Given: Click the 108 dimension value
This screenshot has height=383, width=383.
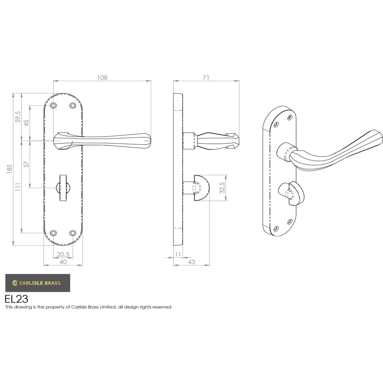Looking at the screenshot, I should coord(102,77).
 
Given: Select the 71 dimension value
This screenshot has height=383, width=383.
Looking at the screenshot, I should coord(206,77).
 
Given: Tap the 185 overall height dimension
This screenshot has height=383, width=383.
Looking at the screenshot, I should coord(10,169).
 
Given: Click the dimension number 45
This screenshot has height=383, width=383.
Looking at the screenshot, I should coord(27,123).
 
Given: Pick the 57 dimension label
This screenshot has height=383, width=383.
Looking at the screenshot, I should coord(27,164).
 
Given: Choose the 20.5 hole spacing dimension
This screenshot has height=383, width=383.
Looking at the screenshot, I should coord(63,255).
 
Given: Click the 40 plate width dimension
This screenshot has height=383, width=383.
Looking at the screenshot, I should coord(63,262).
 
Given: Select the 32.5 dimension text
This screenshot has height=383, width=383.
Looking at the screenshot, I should coord(222,188).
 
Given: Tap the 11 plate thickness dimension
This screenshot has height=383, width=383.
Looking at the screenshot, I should coord(178,255).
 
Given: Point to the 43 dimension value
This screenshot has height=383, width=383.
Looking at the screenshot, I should coord(191,262).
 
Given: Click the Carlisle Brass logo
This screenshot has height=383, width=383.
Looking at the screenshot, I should coord(38,283).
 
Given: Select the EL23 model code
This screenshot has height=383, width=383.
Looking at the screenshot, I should coord(16,299).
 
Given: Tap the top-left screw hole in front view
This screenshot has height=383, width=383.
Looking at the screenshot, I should coord(54,105).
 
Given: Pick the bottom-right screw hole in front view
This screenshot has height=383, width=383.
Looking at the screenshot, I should coord(72,233).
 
